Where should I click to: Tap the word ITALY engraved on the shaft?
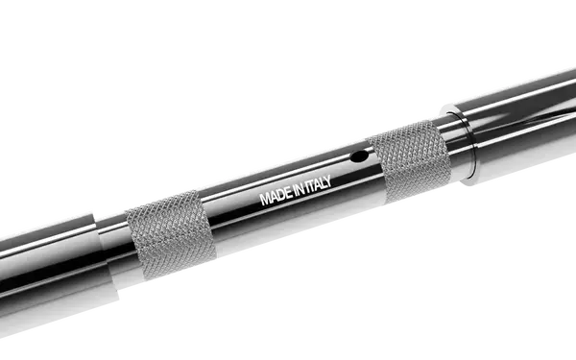(x=318, y=184)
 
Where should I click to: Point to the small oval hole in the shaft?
(x=358, y=156)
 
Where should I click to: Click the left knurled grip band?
(x=171, y=234)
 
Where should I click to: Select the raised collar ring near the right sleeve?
(x=459, y=144)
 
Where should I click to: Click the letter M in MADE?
(x=265, y=199)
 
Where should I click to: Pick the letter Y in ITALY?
(x=326, y=181)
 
